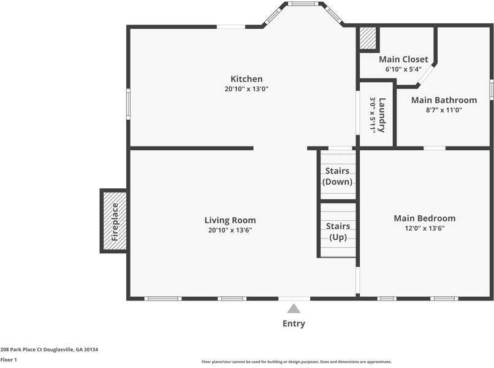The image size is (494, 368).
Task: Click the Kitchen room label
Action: tap(246, 79)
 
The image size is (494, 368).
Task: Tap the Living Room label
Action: tap(230, 220)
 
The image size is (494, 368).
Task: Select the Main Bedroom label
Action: tap(424, 218)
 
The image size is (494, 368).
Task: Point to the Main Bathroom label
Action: tap(444, 100)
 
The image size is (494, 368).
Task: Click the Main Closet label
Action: tap(403, 59)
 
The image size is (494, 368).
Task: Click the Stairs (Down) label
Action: tap(337, 176)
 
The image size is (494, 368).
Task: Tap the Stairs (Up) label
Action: tap(338, 232)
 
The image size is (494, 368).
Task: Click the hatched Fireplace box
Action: tap(114, 221)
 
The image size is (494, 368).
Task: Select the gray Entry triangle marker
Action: tap(294, 309)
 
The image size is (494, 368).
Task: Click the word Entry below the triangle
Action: tap(294, 324)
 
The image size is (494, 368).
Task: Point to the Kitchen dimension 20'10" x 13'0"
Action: tap(246, 89)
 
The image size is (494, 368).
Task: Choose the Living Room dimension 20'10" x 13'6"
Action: tap(230, 230)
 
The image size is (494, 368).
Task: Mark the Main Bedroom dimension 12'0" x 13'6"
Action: tap(424, 228)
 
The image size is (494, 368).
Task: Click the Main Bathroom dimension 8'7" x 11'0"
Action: tap(444, 110)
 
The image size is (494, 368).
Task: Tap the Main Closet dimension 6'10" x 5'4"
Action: tap(403, 69)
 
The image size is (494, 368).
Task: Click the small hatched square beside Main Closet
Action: tap(368, 38)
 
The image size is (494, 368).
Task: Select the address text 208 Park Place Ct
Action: tap(21, 350)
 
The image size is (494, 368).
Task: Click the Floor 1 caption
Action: tap(9, 360)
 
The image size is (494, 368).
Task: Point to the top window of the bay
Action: tap(303, 4)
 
